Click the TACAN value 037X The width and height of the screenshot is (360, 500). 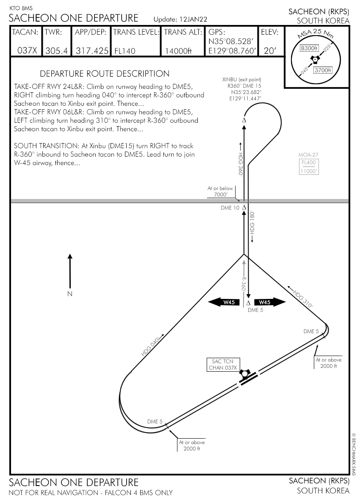pyautogui.click(x=27, y=51)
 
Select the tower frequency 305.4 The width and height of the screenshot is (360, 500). pyautogui.click(x=56, y=51)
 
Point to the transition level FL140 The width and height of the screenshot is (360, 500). pyautogui.click(x=125, y=51)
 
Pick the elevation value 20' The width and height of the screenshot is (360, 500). pyautogui.click(x=269, y=51)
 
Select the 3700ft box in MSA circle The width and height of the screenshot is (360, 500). pyautogui.click(x=322, y=70)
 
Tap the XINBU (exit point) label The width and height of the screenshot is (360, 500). pyautogui.click(x=242, y=80)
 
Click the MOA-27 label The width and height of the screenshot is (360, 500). pyautogui.click(x=308, y=155)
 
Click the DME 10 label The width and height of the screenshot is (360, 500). pyautogui.click(x=230, y=207)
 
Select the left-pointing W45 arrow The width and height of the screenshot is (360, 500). pyautogui.click(x=225, y=302)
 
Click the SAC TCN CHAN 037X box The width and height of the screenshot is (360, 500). pyautogui.click(x=223, y=365)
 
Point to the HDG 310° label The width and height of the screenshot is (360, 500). pyautogui.click(x=303, y=299)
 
